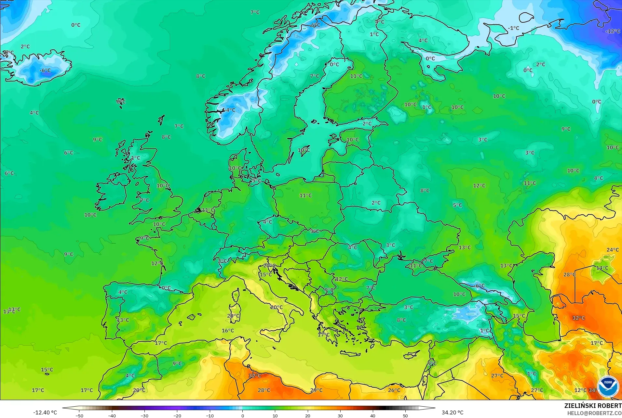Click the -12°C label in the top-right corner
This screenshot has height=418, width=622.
613,31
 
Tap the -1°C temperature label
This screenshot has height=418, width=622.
514,28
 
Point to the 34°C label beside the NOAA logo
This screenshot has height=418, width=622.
593,390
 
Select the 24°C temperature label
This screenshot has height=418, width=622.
613,250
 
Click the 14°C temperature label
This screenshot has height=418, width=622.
602,268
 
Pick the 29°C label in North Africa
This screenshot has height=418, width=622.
316,390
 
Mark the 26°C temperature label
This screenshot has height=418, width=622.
394,390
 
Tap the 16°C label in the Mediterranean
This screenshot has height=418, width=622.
228,331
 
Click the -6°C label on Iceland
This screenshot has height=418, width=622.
45,70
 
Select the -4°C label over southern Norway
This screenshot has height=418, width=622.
230,110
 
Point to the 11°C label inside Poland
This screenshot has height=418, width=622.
305,196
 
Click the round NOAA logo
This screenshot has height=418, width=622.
608,386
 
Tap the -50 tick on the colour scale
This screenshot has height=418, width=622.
79,415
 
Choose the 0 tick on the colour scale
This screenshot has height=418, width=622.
242,415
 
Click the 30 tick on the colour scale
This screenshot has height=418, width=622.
340,415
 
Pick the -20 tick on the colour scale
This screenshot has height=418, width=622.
177,415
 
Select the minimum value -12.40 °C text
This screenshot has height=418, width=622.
45,412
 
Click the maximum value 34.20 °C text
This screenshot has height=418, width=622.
453,412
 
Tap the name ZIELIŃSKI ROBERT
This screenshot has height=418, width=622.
593,406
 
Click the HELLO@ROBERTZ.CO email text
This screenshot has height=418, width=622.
594,413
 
